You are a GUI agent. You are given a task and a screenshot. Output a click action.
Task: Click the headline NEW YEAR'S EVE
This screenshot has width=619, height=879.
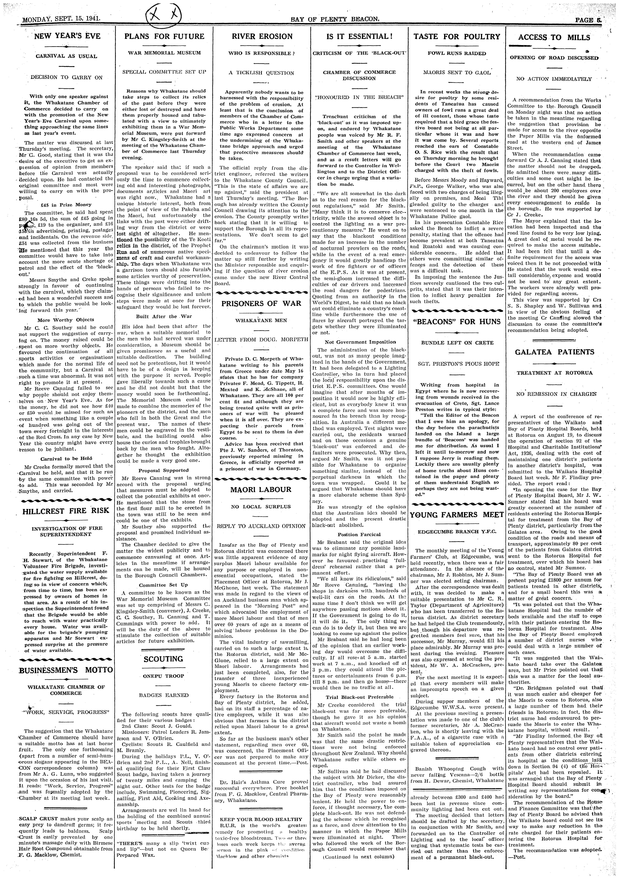(67, 36)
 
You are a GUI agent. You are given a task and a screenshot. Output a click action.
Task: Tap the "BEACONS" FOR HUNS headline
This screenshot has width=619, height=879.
(457, 322)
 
